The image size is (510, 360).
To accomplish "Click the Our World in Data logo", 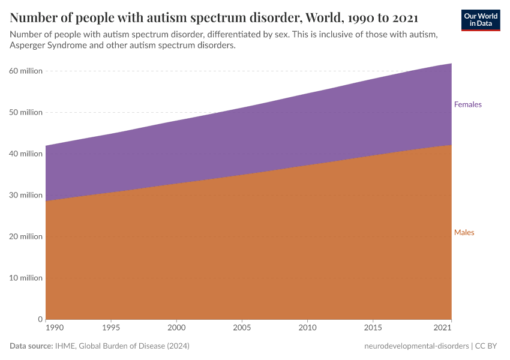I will coord(480,19).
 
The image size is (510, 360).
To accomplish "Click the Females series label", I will coord(467,104).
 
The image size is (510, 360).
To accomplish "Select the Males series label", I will coord(464,232).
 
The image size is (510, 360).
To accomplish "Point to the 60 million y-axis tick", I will coord(26,71).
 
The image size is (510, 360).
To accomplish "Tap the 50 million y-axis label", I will coord(26,112).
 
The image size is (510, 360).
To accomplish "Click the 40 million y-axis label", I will coord(26,154).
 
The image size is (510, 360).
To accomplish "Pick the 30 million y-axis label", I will coord(26,195).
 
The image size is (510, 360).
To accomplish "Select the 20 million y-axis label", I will coord(26,236).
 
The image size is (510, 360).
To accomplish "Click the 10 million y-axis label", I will coord(26,278).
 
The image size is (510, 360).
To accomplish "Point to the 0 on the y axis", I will coord(40,319).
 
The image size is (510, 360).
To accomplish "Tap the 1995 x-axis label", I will coord(111,328).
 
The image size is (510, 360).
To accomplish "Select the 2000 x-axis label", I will coord(176,328).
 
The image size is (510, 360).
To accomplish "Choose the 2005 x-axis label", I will coord(242,328).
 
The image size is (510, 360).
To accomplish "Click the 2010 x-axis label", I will coord(307,328).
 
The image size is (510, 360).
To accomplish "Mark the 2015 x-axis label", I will coord(373,328).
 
